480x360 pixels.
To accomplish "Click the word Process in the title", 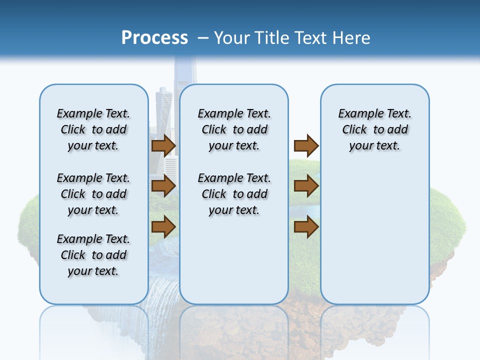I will coord(154,38).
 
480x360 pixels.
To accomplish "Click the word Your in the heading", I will coord(232,38).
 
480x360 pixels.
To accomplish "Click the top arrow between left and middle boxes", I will coord(163,145).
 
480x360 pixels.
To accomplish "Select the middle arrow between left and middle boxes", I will coord(163,186).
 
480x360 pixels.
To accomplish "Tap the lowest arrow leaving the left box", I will coord(163,226).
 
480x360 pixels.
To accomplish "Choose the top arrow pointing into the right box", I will coord(306,145).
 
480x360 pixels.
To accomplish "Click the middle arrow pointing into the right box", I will coord(306,186).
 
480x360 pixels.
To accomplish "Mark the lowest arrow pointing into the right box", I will coord(306,226).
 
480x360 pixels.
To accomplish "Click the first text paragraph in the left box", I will coord(93,129).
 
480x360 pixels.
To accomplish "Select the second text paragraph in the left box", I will coord(93,194).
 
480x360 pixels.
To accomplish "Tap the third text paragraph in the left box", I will coord(93,255).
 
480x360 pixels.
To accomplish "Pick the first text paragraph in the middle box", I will coord(234,129).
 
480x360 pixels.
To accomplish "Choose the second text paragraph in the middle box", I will coord(234,194).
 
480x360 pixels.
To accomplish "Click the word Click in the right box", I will coord(354,130).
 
